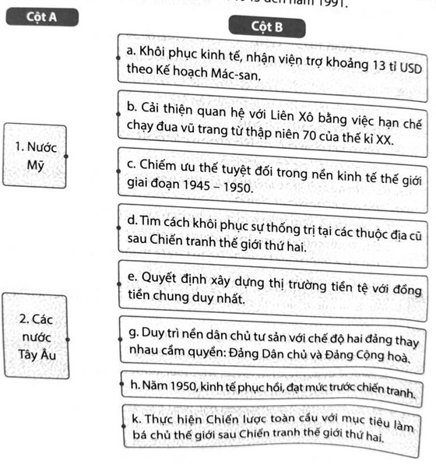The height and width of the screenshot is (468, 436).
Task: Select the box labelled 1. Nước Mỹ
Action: tap(36, 155)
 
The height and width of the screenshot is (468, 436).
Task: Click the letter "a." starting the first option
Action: tap(132, 51)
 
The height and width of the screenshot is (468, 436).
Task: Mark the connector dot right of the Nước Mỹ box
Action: tap(68, 155)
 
